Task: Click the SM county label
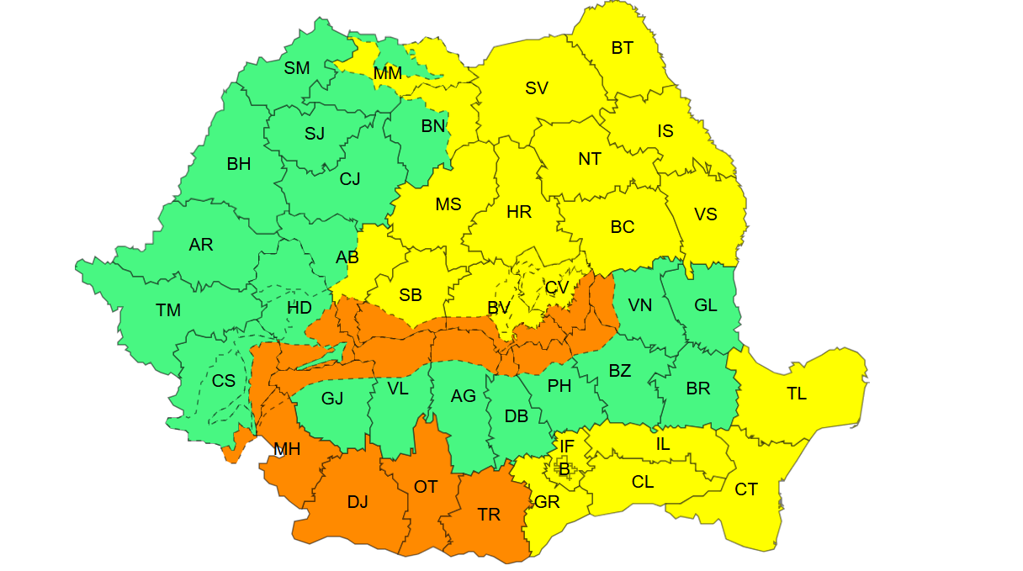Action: (x=296, y=68)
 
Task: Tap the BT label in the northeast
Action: (x=622, y=48)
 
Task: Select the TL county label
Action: (x=796, y=394)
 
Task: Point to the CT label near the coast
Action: (x=745, y=489)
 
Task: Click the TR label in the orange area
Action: (x=489, y=515)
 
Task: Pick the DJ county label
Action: (x=358, y=502)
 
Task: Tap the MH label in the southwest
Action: (x=287, y=450)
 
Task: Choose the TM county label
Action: (x=168, y=310)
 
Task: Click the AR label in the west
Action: (x=201, y=245)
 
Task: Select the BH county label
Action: (x=239, y=164)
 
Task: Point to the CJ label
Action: (x=350, y=179)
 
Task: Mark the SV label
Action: (x=537, y=87)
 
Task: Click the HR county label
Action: (x=519, y=212)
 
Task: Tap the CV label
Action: (x=556, y=288)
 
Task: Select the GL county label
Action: (x=706, y=305)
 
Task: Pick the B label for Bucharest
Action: (x=564, y=469)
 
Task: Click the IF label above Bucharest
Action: (x=566, y=446)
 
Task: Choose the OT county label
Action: (x=426, y=487)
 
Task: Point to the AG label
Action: (x=463, y=396)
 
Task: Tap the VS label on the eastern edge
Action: (x=706, y=214)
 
